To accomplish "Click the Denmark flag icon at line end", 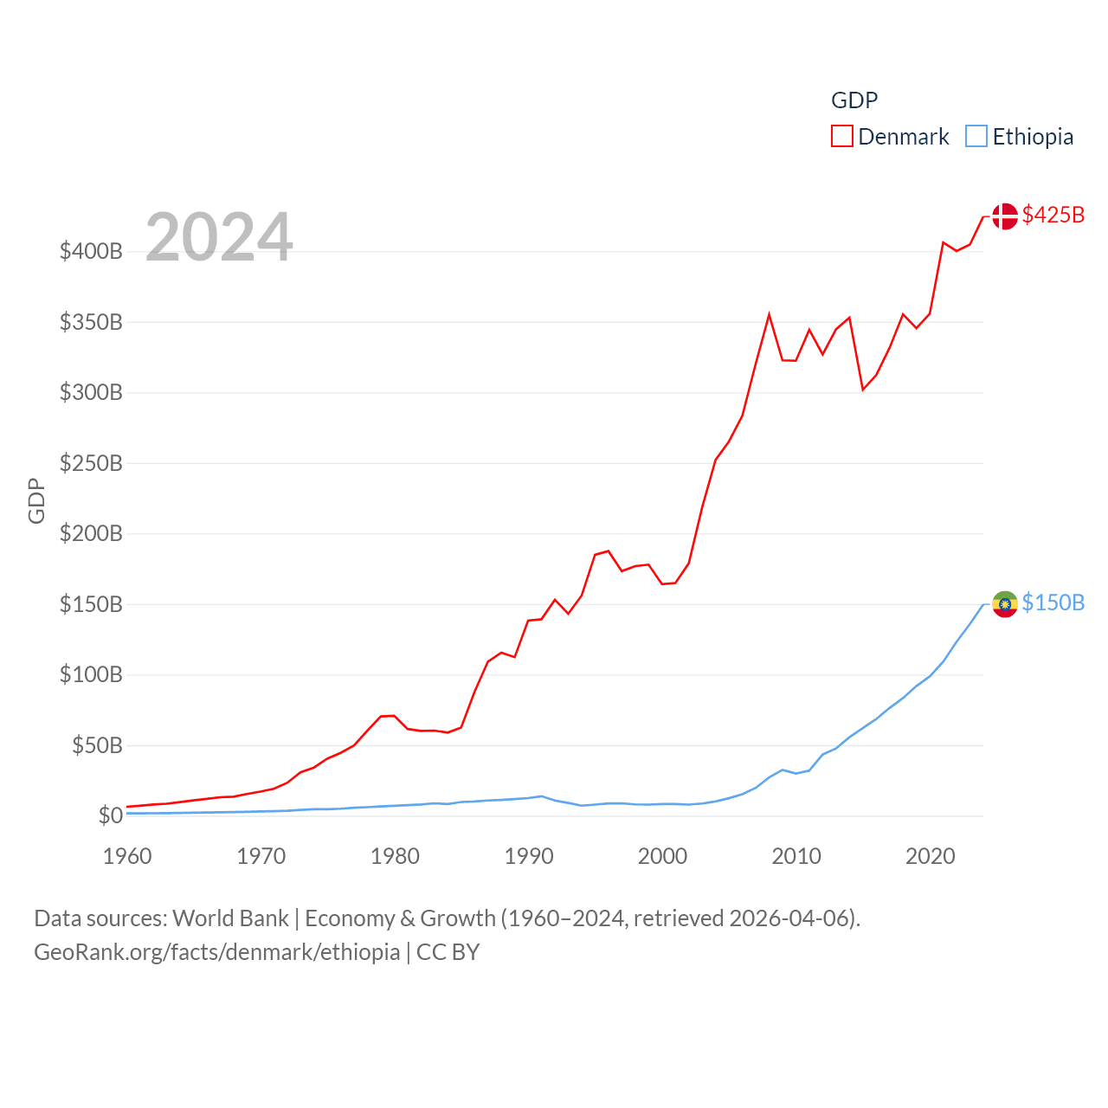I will (1005, 216).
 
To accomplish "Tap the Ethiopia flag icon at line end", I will (1005, 604).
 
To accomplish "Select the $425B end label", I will (1053, 215).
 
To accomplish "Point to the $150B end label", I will (1053, 602).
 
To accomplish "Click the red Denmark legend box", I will (841, 137).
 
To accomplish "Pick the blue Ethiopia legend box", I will (976, 137).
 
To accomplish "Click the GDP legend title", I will (854, 100).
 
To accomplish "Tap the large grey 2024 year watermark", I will (219, 237).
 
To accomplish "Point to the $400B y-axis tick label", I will (91, 252).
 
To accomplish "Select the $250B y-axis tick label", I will (91, 463).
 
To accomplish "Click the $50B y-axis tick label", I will (97, 745).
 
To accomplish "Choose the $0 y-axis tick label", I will (110, 815).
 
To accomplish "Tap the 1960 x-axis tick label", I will (127, 856).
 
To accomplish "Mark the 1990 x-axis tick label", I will (529, 856).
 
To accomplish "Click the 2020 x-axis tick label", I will (931, 856).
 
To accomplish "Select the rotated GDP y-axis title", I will (36, 500).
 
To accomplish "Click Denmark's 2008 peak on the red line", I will (769, 315).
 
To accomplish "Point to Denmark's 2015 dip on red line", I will (863, 389).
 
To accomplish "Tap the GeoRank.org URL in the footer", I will (216, 952).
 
